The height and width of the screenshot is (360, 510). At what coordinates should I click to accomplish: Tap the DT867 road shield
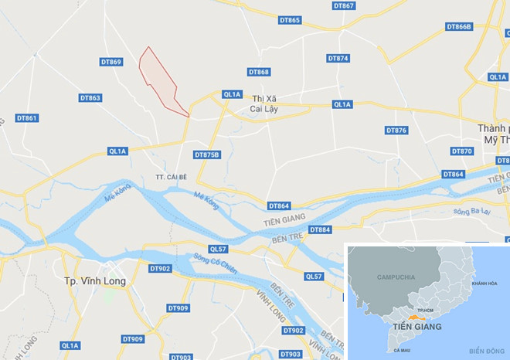click(x=344, y=6)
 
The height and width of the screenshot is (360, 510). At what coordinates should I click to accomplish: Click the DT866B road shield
click(x=459, y=27)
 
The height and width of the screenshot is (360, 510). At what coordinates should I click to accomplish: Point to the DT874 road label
click(x=338, y=59)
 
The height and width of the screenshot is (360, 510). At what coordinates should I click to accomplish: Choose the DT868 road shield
click(x=259, y=72)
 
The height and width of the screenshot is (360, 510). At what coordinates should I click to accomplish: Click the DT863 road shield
click(x=90, y=98)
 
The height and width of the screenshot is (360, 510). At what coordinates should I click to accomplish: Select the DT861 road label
click(x=26, y=118)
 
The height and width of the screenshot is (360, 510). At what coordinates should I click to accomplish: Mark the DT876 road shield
click(x=396, y=131)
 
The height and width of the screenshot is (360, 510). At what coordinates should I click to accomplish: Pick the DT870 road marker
click(x=461, y=151)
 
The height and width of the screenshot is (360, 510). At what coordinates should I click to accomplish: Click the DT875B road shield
click(x=207, y=155)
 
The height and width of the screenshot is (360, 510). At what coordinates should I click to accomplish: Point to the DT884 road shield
click(x=320, y=230)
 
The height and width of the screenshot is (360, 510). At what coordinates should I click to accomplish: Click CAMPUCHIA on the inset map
click(x=396, y=277)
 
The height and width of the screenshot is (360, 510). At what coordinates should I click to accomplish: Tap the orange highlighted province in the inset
click(x=418, y=316)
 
